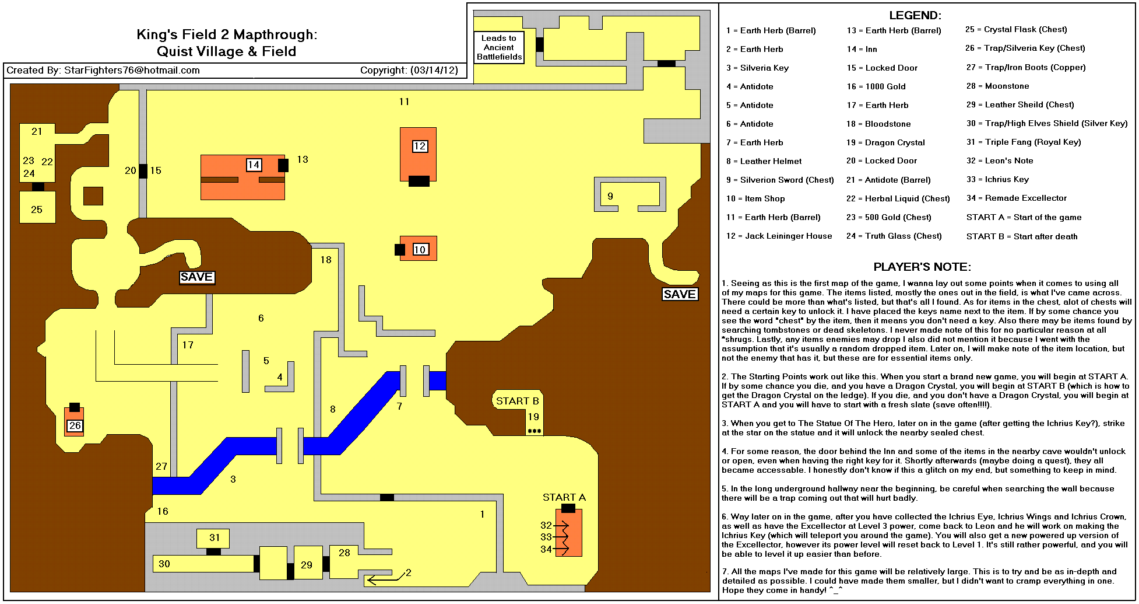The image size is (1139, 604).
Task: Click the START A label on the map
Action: point(564,497)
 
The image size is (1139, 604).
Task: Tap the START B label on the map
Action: point(517,401)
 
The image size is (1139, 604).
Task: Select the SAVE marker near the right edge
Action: point(680,294)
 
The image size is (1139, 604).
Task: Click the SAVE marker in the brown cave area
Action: point(196,277)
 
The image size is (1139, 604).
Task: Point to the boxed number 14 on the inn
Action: point(254,165)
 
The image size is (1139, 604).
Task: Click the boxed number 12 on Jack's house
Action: point(420,146)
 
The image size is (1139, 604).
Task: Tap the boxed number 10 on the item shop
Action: point(420,250)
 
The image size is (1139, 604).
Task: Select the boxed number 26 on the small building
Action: point(75,426)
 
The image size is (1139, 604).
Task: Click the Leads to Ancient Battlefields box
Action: point(499,47)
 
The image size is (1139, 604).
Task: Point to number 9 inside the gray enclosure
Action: point(610,196)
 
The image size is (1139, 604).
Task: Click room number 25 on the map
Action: point(37,210)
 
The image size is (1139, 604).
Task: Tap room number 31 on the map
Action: point(215,537)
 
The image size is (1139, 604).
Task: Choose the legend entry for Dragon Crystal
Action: point(885,142)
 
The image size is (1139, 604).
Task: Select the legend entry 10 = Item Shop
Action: point(755,198)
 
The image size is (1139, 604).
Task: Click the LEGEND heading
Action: point(915,15)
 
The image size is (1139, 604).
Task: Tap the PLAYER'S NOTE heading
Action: point(922,267)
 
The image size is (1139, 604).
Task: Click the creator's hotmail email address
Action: point(132,71)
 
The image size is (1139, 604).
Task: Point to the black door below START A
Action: point(568,508)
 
